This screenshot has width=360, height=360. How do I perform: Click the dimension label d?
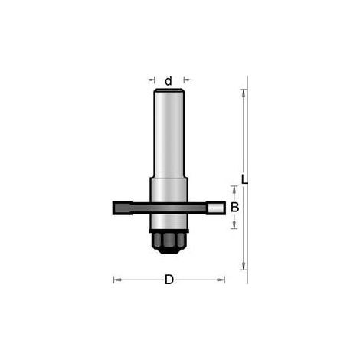[169, 81]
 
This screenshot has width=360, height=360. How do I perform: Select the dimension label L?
[244, 179]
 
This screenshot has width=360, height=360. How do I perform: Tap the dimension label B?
[234, 208]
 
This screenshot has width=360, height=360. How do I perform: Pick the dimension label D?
[169, 280]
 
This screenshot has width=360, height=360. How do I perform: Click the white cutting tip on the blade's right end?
[216, 208]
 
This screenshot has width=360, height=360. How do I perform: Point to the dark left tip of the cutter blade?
[122, 208]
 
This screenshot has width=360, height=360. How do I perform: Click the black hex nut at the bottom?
[169, 243]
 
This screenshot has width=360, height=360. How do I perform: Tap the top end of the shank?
[169, 90]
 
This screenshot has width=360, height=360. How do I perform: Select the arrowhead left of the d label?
[152, 80]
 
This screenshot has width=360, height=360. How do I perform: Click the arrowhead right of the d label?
[187, 80]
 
